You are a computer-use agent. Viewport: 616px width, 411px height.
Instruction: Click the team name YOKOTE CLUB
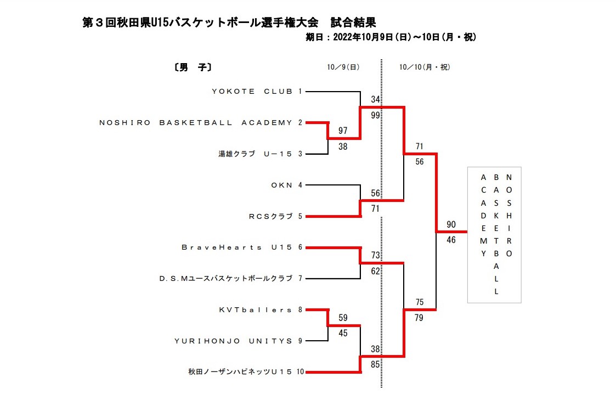pos(252,92)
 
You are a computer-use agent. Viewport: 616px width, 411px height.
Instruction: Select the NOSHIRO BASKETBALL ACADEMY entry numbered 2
pos(196,123)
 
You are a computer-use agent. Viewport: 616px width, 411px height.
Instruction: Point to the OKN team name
pos(283,185)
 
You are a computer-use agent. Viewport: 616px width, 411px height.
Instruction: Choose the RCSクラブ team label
pos(271,217)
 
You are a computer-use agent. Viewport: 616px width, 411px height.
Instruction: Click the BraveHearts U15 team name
pos(237,247)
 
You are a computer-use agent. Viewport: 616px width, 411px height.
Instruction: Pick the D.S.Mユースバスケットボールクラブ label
pos(226,279)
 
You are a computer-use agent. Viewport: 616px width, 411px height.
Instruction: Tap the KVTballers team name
pos(256,310)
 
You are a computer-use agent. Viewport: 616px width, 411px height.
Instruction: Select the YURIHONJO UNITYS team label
pos(234,341)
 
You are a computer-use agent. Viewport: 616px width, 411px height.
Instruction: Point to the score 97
pos(343,131)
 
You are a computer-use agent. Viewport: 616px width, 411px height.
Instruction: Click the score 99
pos(376,115)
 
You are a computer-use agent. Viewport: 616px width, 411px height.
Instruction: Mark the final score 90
pos(451,224)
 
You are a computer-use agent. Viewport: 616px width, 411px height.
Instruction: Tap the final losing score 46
pos(451,240)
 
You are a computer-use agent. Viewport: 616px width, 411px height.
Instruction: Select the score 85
pos(376,364)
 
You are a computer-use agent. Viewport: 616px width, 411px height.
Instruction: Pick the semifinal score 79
pos(420,318)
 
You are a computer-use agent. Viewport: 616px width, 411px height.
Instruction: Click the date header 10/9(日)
pos(343,67)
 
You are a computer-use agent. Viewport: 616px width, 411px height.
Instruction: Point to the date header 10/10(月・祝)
pos(425,67)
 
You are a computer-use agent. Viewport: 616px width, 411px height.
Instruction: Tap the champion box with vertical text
pos(494,235)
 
